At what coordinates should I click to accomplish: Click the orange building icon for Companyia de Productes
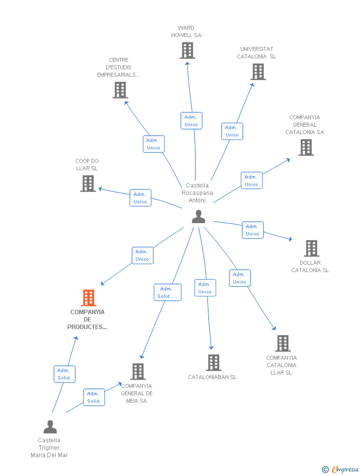click(89, 298)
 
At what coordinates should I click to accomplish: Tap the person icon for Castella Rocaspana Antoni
click(199, 217)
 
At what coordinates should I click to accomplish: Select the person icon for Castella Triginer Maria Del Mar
click(50, 427)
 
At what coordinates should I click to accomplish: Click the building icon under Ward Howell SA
click(187, 50)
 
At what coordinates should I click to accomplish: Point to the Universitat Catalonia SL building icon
click(258, 72)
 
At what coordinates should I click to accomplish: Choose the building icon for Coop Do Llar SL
click(88, 184)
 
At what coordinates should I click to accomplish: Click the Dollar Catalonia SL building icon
click(312, 248)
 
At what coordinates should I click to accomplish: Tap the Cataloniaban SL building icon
click(214, 363)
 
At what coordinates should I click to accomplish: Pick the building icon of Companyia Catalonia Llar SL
click(283, 343)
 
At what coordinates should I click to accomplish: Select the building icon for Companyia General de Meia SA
click(138, 372)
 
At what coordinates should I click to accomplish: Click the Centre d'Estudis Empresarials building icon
click(120, 90)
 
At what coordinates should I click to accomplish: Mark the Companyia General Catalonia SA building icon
click(306, 147)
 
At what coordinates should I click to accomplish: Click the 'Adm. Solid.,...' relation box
click(168, 292)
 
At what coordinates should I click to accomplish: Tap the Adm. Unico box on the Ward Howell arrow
click(191, 121)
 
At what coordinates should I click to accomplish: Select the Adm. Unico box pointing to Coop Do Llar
click(140, 198)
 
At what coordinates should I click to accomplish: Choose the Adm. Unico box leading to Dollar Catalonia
click(253, 230)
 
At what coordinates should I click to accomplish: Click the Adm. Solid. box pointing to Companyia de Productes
click(64, 374)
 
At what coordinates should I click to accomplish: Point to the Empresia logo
click(340, 469)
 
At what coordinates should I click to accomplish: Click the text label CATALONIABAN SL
click(212, 377)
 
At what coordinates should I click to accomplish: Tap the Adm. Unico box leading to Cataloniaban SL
click(205, 288)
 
